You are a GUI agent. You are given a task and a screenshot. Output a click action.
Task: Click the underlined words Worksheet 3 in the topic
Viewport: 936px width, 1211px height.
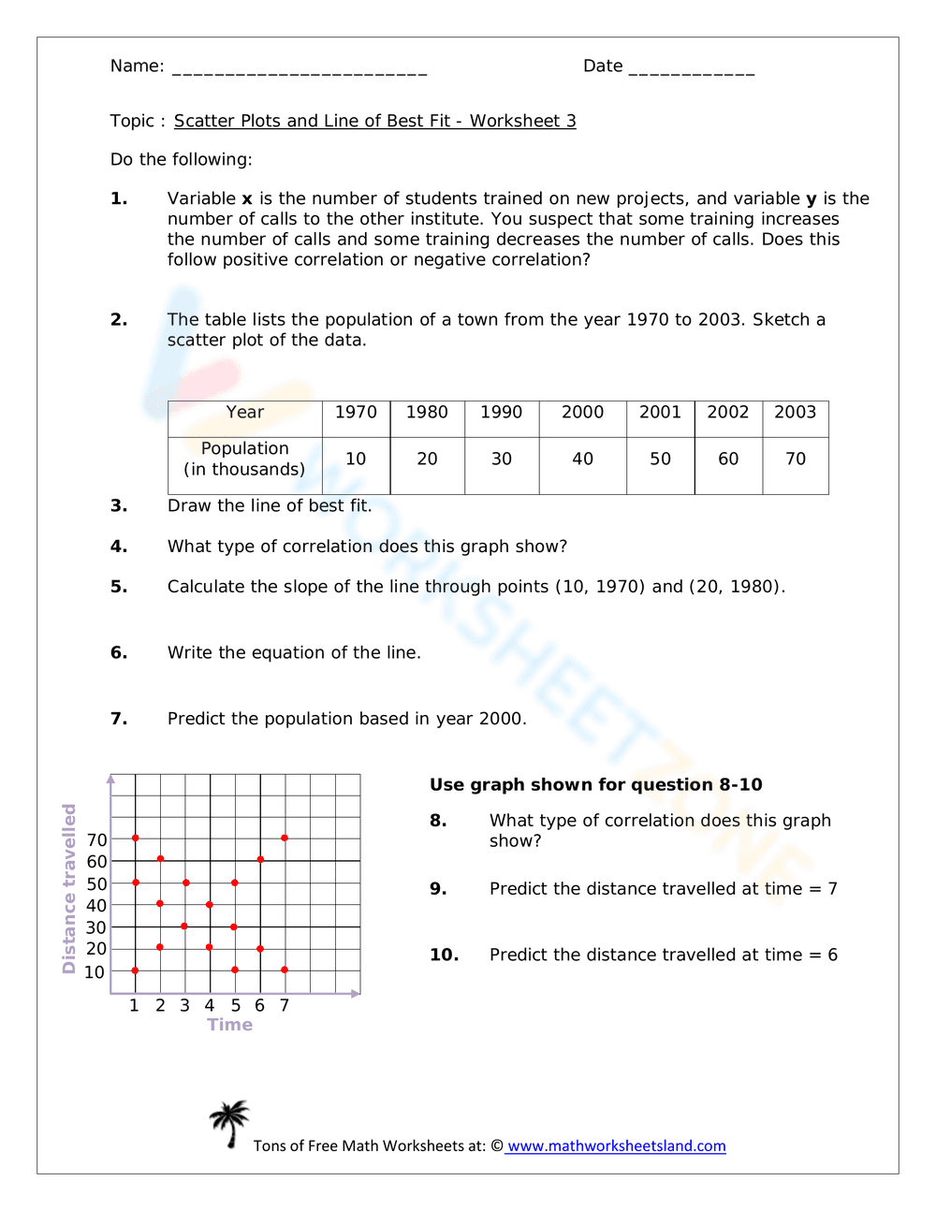click(x=522, y=121)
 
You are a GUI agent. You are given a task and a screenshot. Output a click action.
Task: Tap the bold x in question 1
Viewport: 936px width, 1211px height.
click(x=247, y=199)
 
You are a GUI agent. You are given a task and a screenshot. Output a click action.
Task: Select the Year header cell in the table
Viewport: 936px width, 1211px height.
click(x=245, y=413)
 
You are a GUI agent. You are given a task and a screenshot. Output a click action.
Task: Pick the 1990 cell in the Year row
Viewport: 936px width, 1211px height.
click(x=502, y=413)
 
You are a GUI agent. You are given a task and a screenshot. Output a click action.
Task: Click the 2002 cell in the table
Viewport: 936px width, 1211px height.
click(x=728, y=413)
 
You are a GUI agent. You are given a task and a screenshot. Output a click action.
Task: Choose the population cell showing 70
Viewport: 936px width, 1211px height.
click(x=796, y=459)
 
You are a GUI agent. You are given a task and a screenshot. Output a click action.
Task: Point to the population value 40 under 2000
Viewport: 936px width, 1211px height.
click(x=582, y=459)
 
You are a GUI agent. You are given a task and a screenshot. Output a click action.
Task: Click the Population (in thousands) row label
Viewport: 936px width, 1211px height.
click(x=245, y=460)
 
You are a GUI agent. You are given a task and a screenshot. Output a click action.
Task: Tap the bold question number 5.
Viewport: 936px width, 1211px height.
click(x=119, y=587)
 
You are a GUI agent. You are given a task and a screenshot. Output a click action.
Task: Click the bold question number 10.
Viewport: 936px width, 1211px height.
click(x=445, y=955)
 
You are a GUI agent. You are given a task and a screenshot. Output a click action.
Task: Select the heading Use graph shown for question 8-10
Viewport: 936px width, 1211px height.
click(x=595, y=784)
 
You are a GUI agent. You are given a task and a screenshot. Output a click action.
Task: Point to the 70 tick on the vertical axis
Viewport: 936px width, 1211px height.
click(x=96, y=839)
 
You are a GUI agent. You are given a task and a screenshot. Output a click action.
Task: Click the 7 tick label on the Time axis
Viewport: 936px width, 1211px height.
click(x=285, y=1005)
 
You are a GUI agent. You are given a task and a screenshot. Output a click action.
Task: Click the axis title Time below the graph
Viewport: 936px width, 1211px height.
click(x=230, y=1025)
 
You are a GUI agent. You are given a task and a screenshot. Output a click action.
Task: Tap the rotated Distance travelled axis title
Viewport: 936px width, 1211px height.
click(x=69, y=888)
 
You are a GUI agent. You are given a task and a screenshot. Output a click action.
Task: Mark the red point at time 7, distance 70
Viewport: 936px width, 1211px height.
click(x=285, y=838)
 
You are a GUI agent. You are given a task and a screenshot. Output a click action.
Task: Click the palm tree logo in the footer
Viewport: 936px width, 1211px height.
click(x=229, y=1124)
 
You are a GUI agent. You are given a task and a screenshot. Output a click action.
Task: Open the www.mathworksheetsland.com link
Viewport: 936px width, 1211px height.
click(x=616, y=1146)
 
